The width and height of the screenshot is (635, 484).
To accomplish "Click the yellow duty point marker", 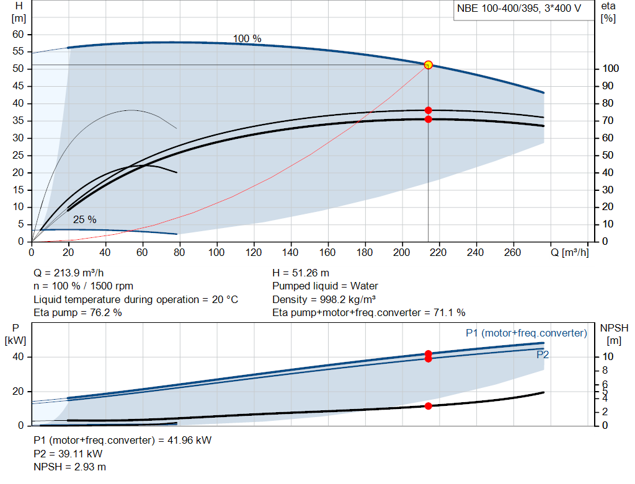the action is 428,64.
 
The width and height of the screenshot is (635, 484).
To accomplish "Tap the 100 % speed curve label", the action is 247,38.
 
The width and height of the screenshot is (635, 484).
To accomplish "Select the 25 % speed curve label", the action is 84,219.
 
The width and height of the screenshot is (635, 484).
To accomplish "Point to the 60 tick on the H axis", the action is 18,35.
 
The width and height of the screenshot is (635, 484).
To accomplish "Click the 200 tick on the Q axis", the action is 401,252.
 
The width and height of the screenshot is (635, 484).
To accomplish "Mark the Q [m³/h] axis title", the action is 569,252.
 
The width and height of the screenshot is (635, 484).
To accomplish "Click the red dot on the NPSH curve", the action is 428,406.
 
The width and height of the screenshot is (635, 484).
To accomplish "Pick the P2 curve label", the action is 543,355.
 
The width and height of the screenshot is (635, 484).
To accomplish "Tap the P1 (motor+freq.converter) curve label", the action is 526,333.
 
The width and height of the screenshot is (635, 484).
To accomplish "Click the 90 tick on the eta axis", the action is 608,86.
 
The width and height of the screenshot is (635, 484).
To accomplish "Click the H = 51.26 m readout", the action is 301,273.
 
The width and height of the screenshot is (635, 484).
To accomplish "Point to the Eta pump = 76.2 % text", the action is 78,312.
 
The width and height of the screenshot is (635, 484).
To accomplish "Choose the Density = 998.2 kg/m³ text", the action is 324,299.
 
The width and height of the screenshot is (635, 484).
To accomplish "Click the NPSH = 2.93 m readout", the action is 69,467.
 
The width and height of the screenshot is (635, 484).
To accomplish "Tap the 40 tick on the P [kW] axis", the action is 18,356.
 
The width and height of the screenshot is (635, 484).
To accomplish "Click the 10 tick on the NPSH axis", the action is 608,356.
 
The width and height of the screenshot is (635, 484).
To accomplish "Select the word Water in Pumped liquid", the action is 364,286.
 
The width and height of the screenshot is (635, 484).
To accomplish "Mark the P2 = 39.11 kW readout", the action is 68,454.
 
